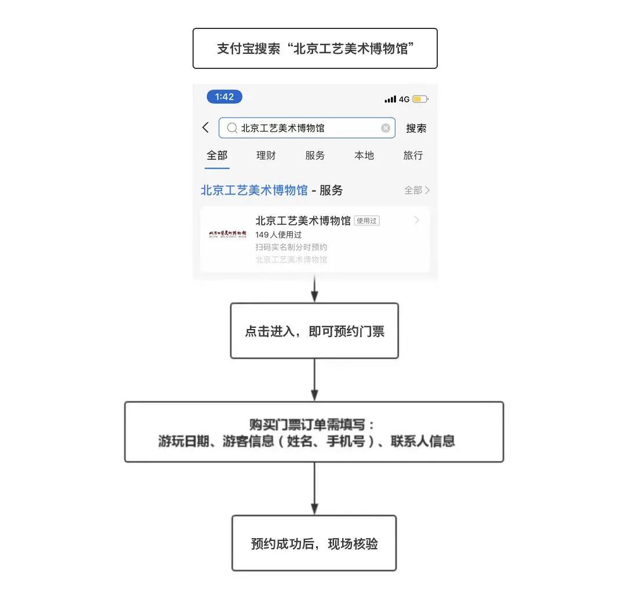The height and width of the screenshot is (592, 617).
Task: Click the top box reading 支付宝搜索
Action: click(x=315, y=49)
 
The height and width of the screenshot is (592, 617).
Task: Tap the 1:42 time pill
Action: click(x=224, y=97)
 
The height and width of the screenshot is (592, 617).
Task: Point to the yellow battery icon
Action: click(x=420, y=99)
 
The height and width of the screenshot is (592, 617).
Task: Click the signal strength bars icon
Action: click(x=390, y=99)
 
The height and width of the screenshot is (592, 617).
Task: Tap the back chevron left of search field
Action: click(x=205, y=127)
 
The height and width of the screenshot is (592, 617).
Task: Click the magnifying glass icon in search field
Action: click(x=231, y=128)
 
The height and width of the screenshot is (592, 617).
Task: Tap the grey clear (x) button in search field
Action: click(x=386, y=128)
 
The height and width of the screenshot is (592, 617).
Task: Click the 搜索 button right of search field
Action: click(x=416, y=128)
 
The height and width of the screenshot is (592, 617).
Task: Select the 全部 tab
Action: click(x=217, y=155)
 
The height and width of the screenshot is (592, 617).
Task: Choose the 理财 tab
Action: click(x=266, y=155)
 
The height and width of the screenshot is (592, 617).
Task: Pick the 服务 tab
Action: click(x=315, y=155)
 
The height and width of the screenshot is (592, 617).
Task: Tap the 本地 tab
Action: click(x=364, y=155)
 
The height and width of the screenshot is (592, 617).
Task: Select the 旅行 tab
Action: click(x=413, y=155)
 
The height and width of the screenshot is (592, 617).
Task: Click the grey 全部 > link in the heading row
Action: click(x=417, y=190)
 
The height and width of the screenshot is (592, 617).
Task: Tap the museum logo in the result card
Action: click(x=227, y=233)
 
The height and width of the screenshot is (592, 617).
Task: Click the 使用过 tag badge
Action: click(x=366, y=221)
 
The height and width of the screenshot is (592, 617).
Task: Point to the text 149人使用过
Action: click(x=278, y=235)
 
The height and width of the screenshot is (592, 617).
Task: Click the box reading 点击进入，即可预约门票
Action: click(x=314, y=331)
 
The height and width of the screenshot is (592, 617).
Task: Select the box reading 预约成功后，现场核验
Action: click(x=314, y=543)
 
